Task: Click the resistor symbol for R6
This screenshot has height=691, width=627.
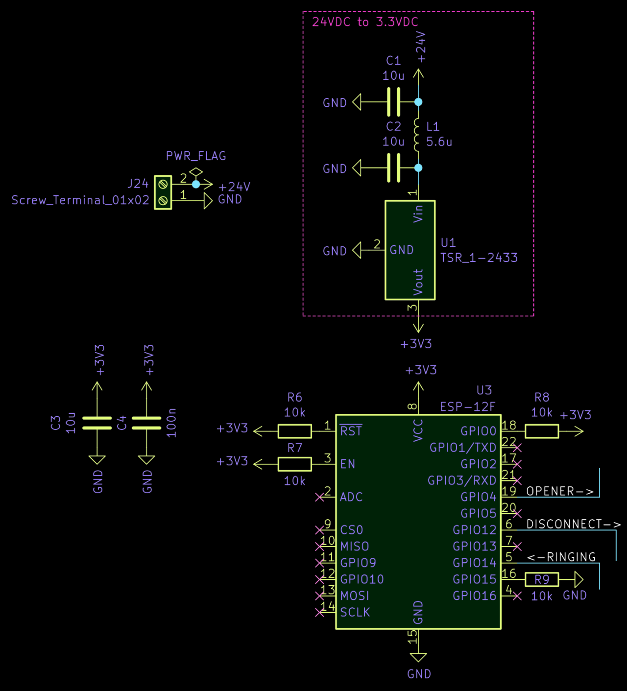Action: pos(294,431)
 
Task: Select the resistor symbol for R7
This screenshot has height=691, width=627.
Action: pos(294,464)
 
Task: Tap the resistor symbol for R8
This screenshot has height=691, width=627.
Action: pos(541,431)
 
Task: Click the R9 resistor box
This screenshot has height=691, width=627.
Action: pos(541,580)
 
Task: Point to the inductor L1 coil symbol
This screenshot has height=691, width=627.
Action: pos(417,135)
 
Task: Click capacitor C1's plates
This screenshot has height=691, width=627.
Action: pos(393,102)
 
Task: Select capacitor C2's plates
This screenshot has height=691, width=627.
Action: pos(393,168)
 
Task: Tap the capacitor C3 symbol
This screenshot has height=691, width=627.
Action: pos(97,423)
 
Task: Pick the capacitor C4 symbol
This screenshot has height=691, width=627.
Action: pos(146,423)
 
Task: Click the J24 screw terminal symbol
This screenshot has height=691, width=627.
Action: pos(163,192)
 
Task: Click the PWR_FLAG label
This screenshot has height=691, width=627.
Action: pos(196,156)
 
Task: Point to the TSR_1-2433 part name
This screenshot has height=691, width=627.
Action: pos(479,258)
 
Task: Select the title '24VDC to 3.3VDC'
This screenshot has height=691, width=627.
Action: pos(365,22)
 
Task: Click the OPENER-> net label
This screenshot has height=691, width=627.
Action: pos(559,491)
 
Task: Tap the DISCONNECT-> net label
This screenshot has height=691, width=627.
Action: pos(573,524)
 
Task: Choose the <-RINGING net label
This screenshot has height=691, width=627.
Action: pos(561,557)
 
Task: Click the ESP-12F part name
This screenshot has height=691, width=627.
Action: pos(467,406)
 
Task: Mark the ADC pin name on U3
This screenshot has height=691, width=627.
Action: pos(351,497)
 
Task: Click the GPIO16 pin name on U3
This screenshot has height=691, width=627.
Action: pos(474,596)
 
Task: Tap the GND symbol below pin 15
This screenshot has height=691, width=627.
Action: pos(418,658)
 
